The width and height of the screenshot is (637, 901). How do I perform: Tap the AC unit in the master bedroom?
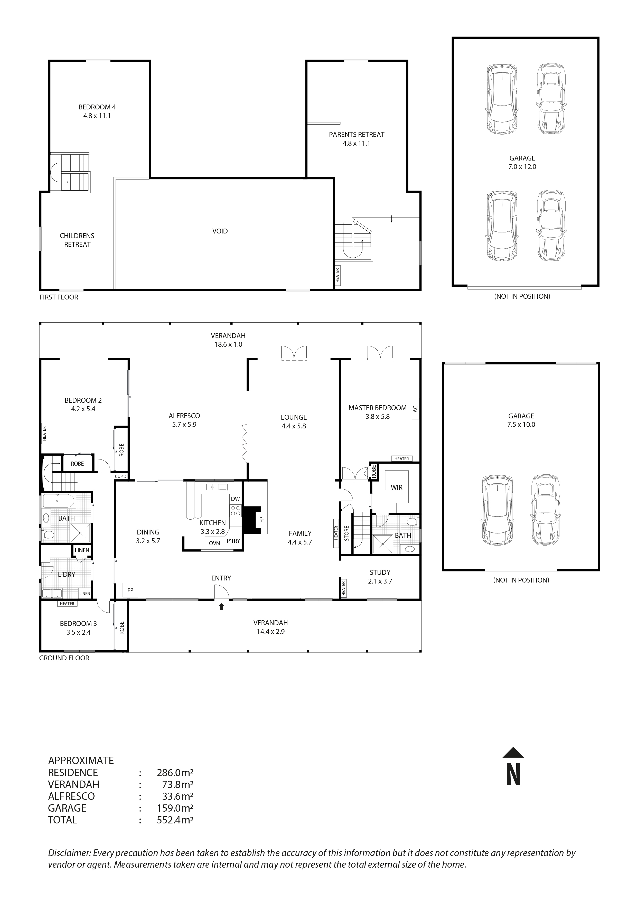pyautogui.click(x=415, y=409)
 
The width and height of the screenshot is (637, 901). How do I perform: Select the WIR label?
pyautogui.click(x=396, y=487)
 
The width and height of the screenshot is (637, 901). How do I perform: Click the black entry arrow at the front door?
pyautogui.click(x=221, y=607)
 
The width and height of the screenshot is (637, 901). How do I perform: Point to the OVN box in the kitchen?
pyautogui.click(x=214, y=543)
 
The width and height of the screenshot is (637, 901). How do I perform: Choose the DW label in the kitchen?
pyautogui.click(x=235, y=499)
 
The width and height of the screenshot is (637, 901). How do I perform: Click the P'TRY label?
pyautogui.click(x=233, y=541)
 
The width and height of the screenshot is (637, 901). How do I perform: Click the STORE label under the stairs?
pyautogui.click(x=346, y=533)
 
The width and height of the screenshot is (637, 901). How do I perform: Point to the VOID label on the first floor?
pyautogui.click(x=220, y=231)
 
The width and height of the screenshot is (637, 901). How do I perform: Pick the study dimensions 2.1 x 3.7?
pyautogui.click(x=380, y=581)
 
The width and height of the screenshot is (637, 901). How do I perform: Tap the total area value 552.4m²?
pyautogui.click(x=175, y=820)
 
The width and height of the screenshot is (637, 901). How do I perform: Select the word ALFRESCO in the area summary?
pyautogui.click(x=71, y=796)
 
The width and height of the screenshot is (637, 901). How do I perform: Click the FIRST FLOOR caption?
pyautogui.click(x=59, y=297)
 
